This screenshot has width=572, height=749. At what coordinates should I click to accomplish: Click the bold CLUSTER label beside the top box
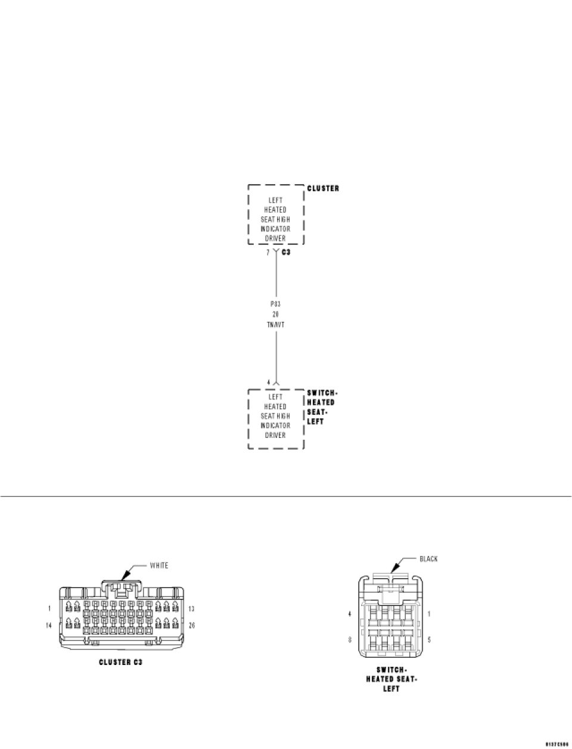pos(323,188)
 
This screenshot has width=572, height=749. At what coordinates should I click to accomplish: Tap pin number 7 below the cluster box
pos(268,253)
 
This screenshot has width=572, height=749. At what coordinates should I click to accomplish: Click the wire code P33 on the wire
pos(276,303)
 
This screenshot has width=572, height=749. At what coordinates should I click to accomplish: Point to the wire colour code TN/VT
pos(276,324)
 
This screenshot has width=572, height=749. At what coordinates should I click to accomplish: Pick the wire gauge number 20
pos(276,314)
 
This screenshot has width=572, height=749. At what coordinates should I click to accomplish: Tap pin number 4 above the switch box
pos(269,382)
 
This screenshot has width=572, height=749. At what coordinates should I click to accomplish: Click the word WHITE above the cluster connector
pos(158,565)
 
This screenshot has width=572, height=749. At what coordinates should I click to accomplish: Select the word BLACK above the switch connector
pos(428,559)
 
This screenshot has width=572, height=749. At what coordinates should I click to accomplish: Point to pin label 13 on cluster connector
pos(192,608)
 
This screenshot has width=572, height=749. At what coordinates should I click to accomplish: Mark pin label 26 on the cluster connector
pos(192,625)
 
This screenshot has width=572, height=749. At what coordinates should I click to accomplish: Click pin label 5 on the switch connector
pos(429,639)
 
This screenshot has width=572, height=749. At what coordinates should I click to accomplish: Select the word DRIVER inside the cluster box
pos(276,238)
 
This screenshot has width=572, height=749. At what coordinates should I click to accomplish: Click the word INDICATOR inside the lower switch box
pos(276,425)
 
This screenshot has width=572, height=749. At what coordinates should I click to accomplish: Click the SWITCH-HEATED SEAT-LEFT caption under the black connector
pos(391,679)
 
